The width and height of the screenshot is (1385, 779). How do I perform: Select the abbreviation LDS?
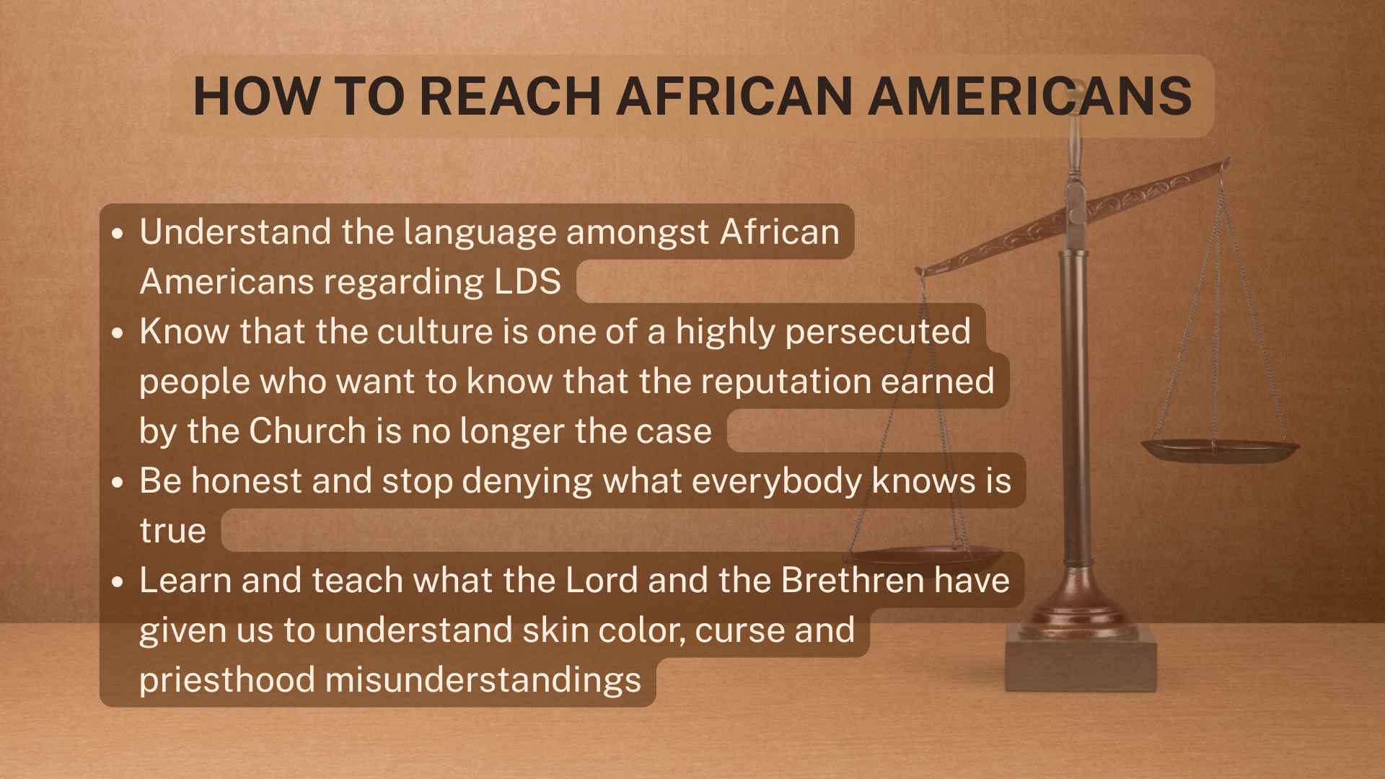527,281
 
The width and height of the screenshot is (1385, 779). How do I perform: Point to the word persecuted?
878,331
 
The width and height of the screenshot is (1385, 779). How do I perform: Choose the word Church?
308,431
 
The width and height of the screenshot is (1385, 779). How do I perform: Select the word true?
172,531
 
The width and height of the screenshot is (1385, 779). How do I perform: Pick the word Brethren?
853,580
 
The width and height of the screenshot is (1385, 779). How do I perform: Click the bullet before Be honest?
119,483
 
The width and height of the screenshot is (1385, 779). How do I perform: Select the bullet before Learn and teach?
119,582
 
